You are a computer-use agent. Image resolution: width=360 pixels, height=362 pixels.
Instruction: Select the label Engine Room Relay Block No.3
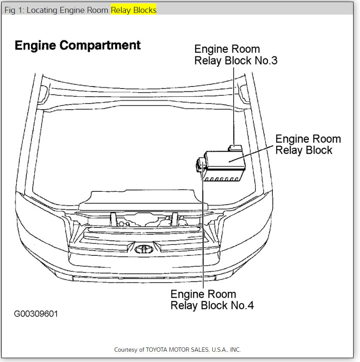point(235,55)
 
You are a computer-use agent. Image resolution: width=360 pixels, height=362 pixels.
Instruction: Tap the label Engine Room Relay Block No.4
point(212,300)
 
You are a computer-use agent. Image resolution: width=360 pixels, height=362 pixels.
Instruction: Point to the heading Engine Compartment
point(78,46)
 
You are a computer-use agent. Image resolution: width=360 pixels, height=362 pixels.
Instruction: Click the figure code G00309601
point(36,314)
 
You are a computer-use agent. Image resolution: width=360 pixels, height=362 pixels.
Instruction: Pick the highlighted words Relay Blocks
point(134,10)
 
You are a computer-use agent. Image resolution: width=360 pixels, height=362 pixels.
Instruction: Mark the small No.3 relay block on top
point(235,147)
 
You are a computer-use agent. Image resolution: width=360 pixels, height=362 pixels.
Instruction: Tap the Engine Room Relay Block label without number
point(308,144)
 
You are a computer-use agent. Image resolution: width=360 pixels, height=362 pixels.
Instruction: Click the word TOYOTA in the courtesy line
point(160,350)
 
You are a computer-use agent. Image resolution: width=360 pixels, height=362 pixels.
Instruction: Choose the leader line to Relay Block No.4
point(202,232)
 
